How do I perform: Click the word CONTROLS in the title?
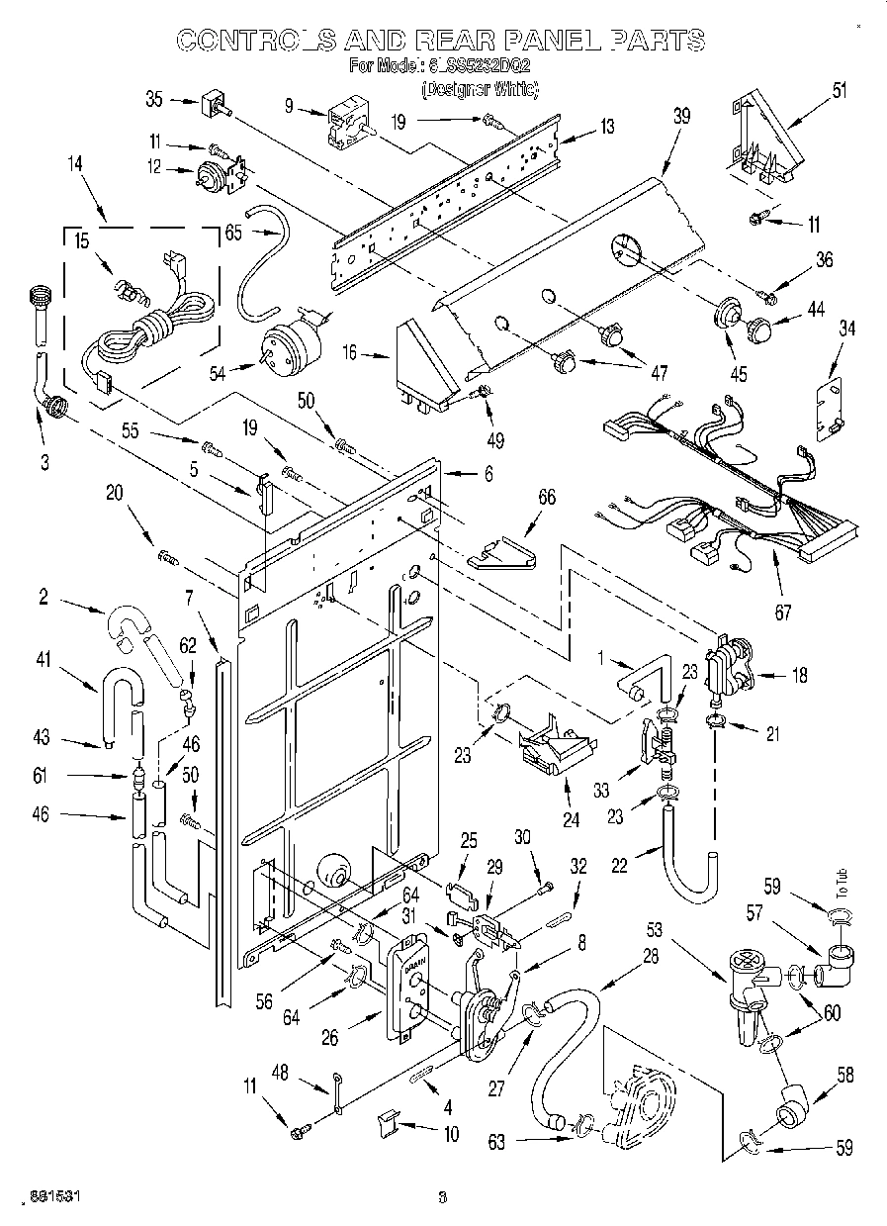254,40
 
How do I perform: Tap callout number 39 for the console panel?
681,116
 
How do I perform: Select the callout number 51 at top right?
839,91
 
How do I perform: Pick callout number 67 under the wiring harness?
782,613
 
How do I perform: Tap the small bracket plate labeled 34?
829,406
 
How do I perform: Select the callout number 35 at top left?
153,99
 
